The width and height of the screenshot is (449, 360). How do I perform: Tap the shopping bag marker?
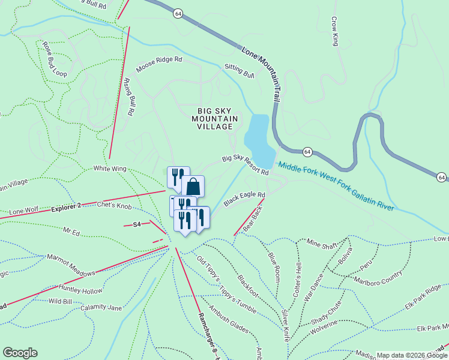(193, 186)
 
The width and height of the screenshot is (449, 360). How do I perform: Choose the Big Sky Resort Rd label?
(245, 165)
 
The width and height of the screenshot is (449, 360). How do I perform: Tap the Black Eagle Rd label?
(244, 199)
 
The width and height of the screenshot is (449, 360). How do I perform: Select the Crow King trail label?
(335, 31)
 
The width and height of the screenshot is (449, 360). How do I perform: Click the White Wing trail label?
(109, 169)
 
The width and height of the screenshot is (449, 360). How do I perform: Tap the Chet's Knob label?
(114, 206)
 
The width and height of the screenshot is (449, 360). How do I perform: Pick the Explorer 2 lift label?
(65, 206)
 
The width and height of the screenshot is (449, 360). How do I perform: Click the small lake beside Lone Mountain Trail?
(258, 134)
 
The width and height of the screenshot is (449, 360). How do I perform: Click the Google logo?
(20, 353)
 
